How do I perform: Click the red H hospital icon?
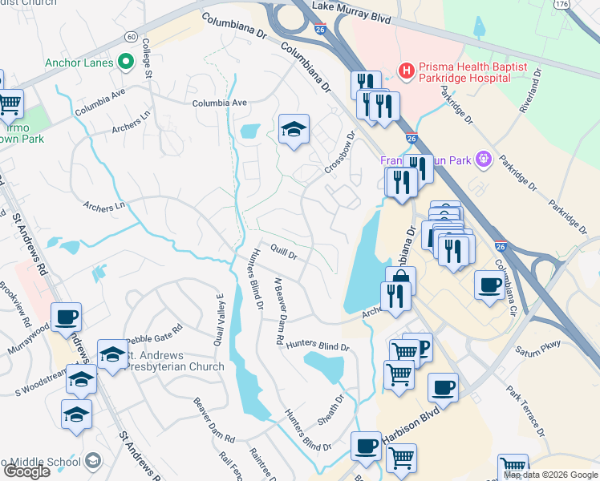pos(407,71)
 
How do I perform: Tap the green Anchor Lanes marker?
pos(125,61)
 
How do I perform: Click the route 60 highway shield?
pos(131,37)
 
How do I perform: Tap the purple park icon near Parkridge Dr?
pos(482,160)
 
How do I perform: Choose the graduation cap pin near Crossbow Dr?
pos(294,129)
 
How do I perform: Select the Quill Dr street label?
pos(284,253)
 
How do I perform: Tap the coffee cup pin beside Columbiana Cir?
pos(489,285)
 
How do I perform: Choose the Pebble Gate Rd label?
pos(155,329)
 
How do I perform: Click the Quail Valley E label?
pos(218,318)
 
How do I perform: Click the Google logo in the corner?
pos(26,471)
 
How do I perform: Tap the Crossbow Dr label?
pos(339,152)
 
